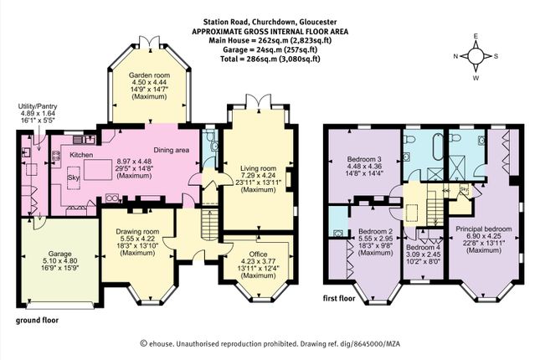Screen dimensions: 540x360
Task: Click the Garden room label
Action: tap(149, 75)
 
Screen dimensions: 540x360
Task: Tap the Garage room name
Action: tap(59, 255)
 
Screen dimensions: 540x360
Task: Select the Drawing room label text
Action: tap(137, 232)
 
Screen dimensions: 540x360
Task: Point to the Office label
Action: tap(259, 255)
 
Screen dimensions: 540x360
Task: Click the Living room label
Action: tap(259, 168)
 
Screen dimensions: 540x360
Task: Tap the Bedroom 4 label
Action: tap(423, 247)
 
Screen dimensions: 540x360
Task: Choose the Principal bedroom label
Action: tap(484, 229)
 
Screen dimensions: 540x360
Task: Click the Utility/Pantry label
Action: tap(38, 106)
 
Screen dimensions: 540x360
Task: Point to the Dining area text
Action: tap(171, 150)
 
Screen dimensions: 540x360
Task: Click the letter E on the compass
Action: tap(476, 36)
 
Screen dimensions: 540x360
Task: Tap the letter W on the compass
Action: tap(476, 78)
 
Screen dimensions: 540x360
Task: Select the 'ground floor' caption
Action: tap(37, 320)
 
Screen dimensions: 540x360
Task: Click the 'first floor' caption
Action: tap(339, 298)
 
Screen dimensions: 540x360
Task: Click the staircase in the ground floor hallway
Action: tap(208, 224)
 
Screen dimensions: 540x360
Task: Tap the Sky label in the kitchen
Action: tap(74, 177)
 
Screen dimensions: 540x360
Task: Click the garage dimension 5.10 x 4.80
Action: tap(59, 260)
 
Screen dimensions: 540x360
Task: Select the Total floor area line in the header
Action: tap(270, 59)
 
